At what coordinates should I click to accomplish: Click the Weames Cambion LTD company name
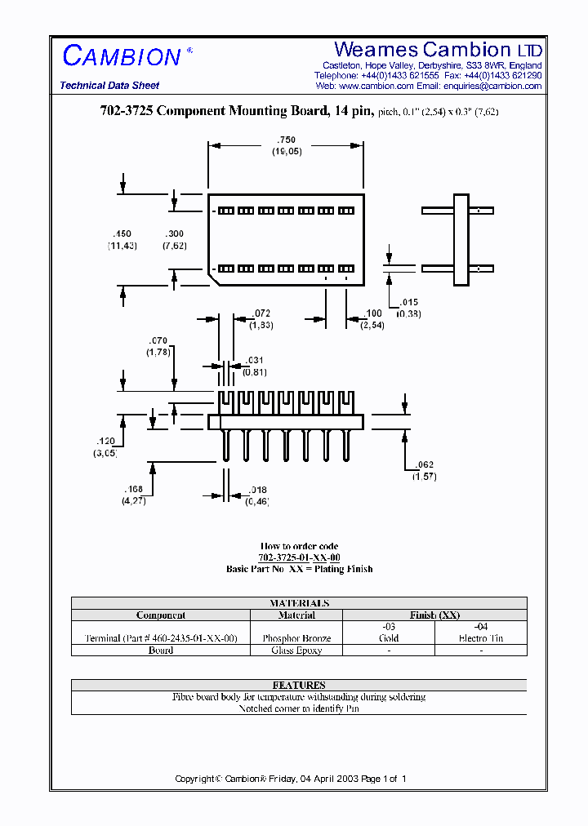(438, 49)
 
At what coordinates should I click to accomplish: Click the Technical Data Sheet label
(109, 86)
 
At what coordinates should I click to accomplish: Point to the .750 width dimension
(286, 140)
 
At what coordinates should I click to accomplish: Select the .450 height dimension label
(122, 234)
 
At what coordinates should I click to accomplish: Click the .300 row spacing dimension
(174, 234)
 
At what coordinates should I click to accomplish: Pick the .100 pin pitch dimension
(372, 314)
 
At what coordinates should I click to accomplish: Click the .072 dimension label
(261, 313)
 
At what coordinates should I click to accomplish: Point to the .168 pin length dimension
(134, 490)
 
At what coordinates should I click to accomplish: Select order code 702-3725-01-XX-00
(299, 557)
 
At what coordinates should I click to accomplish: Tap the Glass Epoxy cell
(296, 651)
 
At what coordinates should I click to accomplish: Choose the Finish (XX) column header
(434, 615)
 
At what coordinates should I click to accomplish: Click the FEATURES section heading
(299, 685)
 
